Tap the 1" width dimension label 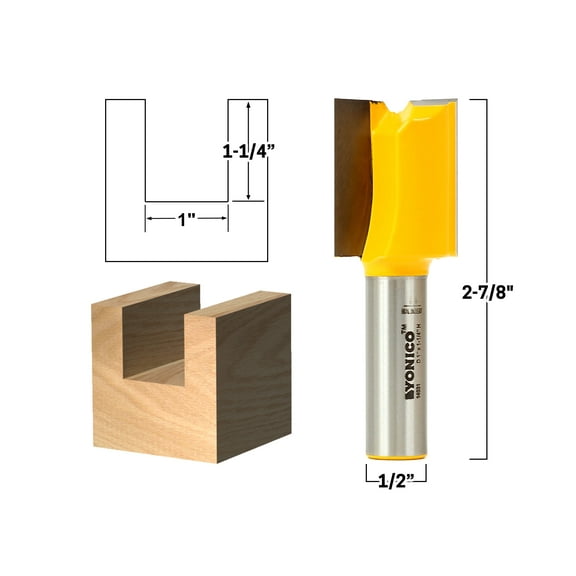[187, 218]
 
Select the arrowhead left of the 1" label [151, 218]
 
